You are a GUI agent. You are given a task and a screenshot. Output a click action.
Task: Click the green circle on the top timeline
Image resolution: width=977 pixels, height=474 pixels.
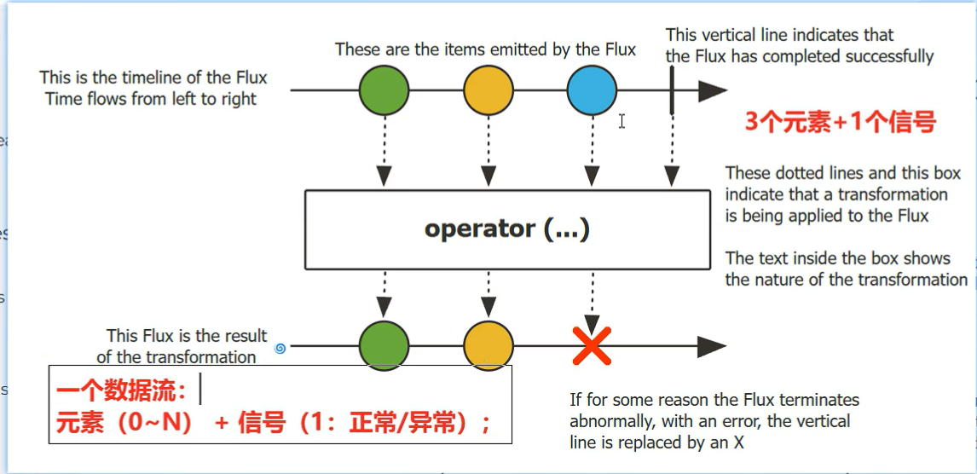384,90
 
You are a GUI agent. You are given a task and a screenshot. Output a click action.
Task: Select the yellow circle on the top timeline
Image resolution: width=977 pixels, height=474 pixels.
488,90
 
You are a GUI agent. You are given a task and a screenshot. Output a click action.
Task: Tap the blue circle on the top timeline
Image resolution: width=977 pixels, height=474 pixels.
592,90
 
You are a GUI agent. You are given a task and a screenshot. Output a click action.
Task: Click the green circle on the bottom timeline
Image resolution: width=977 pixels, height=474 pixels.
384,346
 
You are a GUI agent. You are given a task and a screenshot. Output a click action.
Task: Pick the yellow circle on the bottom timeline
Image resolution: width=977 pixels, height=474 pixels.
488,346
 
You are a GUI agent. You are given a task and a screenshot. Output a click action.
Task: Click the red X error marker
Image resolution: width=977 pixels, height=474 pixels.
592,347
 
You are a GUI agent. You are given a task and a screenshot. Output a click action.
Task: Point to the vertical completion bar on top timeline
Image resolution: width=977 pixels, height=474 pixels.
672,90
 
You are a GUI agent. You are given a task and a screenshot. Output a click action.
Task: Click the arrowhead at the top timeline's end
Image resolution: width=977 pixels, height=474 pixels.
712,90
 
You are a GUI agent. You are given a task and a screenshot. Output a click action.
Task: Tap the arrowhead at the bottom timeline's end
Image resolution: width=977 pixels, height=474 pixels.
712,346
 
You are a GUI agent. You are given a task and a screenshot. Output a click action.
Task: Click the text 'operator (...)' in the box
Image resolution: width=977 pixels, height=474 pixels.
507,228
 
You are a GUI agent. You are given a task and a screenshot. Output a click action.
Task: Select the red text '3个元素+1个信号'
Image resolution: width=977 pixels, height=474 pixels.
841,122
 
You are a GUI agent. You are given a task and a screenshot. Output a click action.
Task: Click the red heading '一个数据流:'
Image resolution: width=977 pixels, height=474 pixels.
122,393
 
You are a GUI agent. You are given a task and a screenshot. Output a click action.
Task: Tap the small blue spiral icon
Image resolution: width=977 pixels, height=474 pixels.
280,348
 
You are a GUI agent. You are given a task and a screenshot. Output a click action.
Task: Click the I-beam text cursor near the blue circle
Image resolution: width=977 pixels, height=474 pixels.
622,121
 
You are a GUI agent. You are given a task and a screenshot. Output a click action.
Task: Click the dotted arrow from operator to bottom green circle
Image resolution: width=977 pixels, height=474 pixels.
384,294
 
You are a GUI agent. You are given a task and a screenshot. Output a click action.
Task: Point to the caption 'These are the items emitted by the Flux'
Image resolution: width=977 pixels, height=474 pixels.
485,49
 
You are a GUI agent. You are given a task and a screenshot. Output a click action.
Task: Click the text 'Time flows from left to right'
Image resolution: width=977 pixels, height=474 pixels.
151,99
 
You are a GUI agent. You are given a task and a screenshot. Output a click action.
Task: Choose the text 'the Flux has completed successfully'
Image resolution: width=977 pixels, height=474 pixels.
799,57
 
